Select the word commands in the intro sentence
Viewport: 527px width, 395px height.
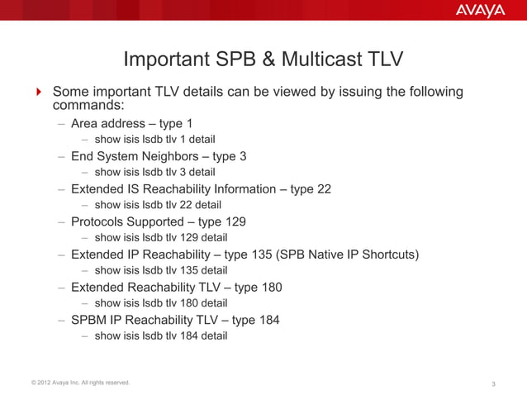tap(88, 107)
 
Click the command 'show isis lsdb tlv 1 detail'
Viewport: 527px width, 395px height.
tap(154, 139)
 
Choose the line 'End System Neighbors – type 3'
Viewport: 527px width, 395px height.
tap(159, 156)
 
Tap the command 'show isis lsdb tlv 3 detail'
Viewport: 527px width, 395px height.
tap(154, 172)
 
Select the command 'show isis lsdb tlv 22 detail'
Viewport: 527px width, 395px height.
tap(158, 205)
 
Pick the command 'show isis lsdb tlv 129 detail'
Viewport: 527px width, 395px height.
tap(161, 238)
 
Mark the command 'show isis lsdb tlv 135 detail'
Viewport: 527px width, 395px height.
tap(161, 270)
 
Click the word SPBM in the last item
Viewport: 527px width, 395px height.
tap(89, 320)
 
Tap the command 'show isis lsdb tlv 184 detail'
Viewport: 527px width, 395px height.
tap(161, 336)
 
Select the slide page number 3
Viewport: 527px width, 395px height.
tap(492, 383)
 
